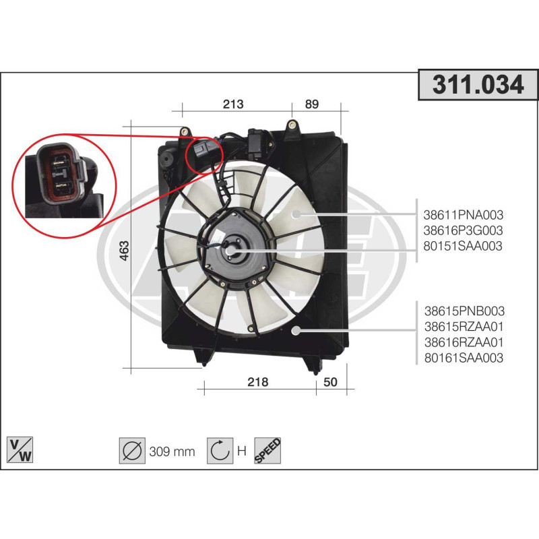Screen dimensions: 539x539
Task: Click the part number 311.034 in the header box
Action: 478,85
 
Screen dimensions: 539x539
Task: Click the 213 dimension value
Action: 233,104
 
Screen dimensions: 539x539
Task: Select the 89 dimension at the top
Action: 312,104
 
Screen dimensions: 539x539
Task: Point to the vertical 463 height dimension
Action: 125,250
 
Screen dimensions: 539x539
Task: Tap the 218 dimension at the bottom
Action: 258,381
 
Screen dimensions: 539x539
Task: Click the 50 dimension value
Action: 330,381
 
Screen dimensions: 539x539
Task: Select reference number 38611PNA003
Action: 463,215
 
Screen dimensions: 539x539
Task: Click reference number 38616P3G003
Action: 463,230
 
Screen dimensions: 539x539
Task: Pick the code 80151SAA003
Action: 463,246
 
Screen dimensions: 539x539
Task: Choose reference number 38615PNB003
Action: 464,311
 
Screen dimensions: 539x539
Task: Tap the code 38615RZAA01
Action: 464,327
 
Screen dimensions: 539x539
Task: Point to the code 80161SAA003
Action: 464,358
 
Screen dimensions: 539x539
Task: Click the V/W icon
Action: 20,450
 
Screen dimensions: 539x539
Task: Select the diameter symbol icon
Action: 132,450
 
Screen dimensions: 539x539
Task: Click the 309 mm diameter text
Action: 172,451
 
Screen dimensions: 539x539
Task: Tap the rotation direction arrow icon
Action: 220,450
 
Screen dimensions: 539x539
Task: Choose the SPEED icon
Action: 267,450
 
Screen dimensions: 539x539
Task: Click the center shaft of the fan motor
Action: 230,251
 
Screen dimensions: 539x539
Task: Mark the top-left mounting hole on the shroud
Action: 185,131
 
